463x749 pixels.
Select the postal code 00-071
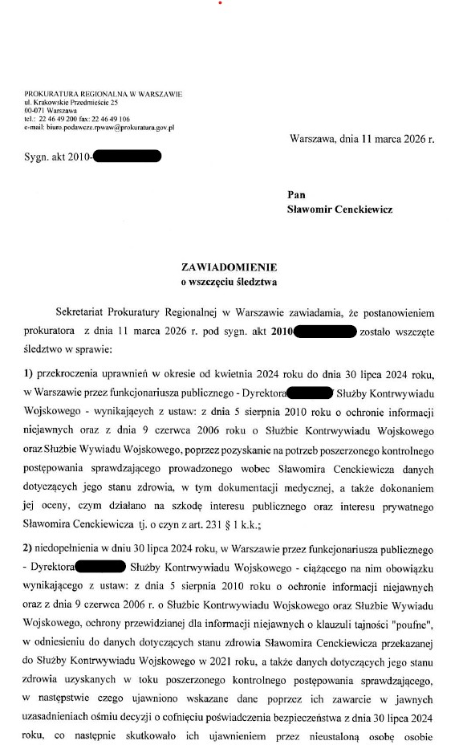coord(35,111)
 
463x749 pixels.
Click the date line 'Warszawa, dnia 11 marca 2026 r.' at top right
coord(362,139)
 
